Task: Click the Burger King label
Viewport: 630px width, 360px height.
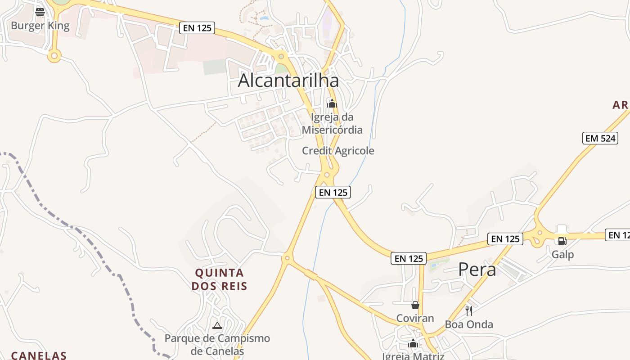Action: point(40,25)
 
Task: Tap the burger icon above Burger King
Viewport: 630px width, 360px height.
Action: point(40,12)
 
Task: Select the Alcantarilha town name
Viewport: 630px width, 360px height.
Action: point(288,81)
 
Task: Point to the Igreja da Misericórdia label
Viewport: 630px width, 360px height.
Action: point(332,124)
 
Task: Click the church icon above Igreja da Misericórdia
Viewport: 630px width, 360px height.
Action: point(332,104)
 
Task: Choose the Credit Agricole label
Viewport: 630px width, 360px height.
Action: point(338,151)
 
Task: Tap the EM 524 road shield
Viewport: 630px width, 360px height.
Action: point(600,138)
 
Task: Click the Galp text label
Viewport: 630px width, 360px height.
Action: point(562,255)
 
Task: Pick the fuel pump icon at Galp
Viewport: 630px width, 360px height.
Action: point(562,241)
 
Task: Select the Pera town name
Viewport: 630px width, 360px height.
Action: point(477,270)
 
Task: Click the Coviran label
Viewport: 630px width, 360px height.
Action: point(415,318)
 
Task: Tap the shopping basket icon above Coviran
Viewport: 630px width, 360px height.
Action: point(415,305)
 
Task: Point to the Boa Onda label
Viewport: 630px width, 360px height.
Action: point(469,324)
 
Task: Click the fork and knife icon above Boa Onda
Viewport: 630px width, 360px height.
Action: point(469,310)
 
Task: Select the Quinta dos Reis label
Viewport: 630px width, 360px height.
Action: point(220,279)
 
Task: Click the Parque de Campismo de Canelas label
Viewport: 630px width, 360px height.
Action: point(217,345)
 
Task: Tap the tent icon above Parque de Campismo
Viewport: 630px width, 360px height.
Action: point(217,325)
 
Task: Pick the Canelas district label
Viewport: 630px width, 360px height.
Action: point(39,355)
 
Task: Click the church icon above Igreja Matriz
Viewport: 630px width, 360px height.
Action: point(413,344)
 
